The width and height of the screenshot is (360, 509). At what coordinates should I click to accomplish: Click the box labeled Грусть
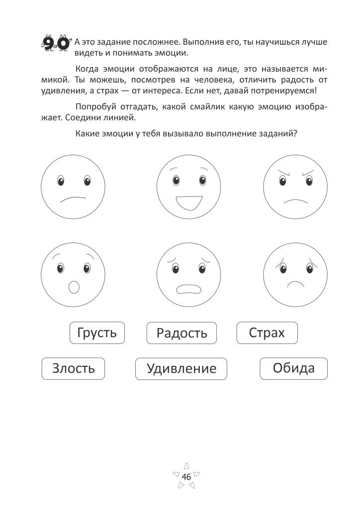pyautogui.click(x=97, y=333)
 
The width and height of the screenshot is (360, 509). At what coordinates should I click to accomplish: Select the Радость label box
pyautogui.click(x=181, y=333)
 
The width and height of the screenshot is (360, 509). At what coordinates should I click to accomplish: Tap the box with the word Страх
pyautogui.click(x=267, y=333)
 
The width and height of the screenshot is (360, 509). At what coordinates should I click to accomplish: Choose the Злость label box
pyautogui.click(x=73, y=369)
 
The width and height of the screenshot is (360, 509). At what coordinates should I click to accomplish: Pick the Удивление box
pyautogui.click(x=181, y=369)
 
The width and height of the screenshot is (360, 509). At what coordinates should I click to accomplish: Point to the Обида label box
pyautogui.click(x=293, y=368)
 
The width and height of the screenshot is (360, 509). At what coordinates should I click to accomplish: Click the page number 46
pyautogui.click(x=186, y=477)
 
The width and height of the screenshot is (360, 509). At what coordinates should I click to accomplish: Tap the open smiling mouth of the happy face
pyautogui.click(x=188, y=203)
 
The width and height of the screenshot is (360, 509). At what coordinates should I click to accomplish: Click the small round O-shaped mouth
pyautogui.click(x=74, y=287)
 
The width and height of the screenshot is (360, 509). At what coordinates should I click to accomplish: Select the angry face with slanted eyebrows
pyautogui.click(x=295, y=186)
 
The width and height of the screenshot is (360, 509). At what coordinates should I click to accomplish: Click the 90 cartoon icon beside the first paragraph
pyautogui.click(x=55, y=43)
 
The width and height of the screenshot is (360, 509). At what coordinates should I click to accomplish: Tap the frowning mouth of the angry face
pyautogui.click(x=296, y=203)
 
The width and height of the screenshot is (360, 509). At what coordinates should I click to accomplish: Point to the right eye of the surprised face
pyautogui.click(x=87, y=269)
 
